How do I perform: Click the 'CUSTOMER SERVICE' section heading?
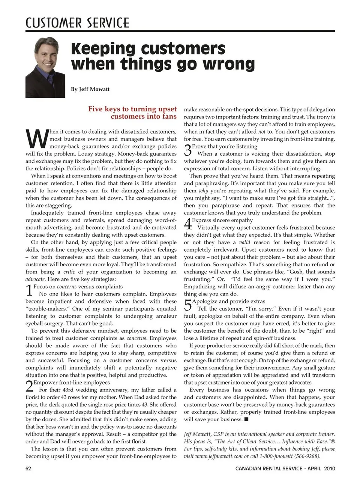click(x=77, y=23)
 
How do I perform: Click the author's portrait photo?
click(x=45, y=68)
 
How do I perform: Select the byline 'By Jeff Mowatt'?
click(x=90, y=89)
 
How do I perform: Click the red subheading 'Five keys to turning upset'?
click(x=132, y=109)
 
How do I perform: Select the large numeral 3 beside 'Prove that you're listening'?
click(x=188, y=150)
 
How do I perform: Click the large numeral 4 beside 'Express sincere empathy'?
click(x=188, y=224)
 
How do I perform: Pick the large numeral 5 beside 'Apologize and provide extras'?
click(x=188, y=305)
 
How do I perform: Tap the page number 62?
click(x=28, y=468)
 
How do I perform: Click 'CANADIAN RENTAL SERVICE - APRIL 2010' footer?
click(x=285, y=468)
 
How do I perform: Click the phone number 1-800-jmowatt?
click(x=271, y=456)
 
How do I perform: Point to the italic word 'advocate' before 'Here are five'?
click(x=35, y=279)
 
